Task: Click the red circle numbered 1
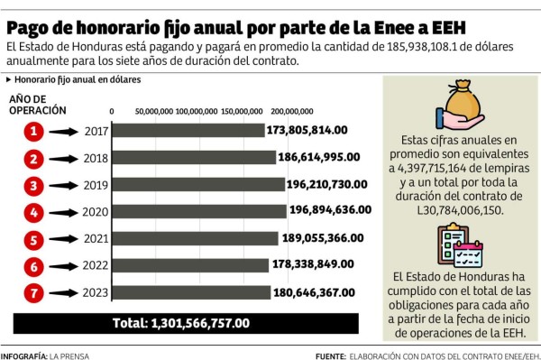[34, 132]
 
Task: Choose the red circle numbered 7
[34, 292]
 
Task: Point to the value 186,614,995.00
[324, 157]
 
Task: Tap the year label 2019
[93, 186]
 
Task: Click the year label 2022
[93, 266]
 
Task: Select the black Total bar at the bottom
[180, 322]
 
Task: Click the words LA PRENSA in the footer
[69, 355]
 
